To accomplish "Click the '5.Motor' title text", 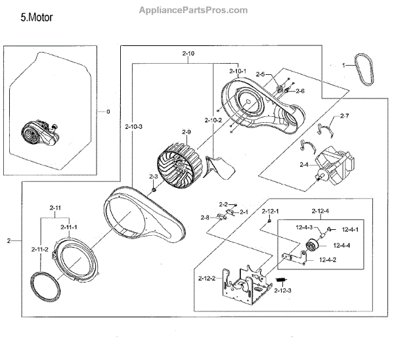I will pos(37,18).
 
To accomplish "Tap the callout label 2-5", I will pos(260,74).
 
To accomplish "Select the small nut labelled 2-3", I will pos(153,190).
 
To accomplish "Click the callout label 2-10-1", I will pos(238,71).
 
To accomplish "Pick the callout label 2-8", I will pos(204,217).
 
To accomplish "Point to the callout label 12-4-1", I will pos(349,230).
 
